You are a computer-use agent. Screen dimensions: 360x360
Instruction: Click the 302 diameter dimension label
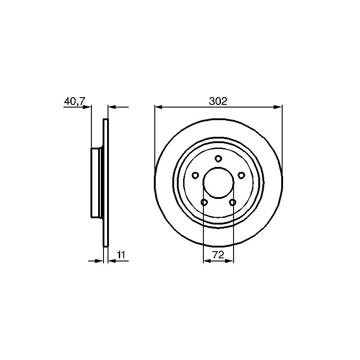tap(218, 101)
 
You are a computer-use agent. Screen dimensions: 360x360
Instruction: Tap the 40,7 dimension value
tap(75, 101)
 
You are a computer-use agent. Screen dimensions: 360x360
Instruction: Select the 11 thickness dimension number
tap(121, 255)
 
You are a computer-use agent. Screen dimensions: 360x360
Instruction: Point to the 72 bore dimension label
tap(218, 255)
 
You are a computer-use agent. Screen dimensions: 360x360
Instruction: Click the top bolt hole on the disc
tap(218, 159)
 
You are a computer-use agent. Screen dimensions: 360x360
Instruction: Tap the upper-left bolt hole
tap(195, 175)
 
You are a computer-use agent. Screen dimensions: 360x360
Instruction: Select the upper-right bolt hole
tap(241, 175)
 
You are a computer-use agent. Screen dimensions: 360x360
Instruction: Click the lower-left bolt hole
tap(204, 202)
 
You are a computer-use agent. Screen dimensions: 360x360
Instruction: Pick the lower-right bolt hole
tap(233, 202)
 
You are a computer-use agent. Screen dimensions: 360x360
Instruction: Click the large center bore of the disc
tap(218, 183)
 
